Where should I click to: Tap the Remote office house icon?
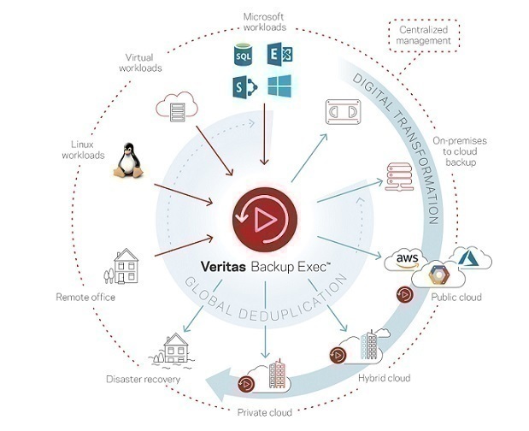(124, 267)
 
